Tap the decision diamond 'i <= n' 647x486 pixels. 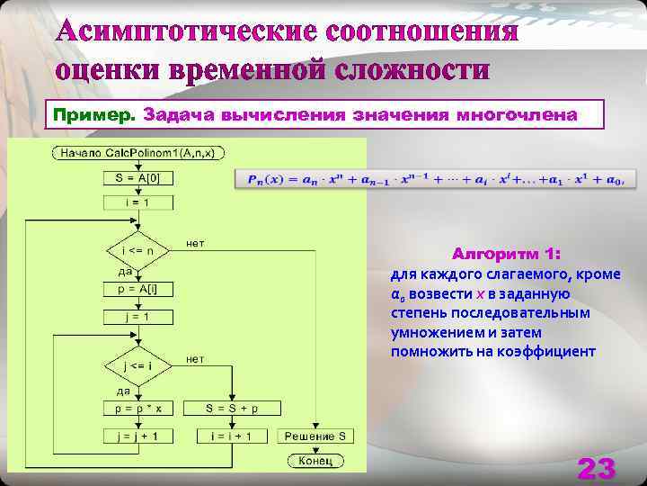[x=137, y=248]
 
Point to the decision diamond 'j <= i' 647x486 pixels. [x=137, y=365]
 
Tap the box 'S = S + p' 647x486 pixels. [x=232, y=408]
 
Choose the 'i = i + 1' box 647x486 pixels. [x=232, y=436]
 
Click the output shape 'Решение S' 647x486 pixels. [x=315, y=436]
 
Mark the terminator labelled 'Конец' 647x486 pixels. [x=315, y=461]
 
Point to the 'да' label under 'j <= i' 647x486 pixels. [x=123, y=390]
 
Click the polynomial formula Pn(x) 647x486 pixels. [x=435, y=179]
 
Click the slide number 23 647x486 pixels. [x=597, y=468]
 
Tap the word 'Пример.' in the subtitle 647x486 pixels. [x=94, y=115]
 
